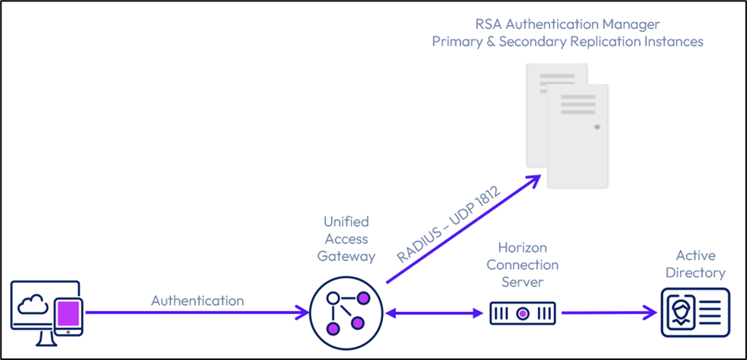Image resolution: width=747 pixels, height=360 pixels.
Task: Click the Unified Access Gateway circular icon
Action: pos(342,312)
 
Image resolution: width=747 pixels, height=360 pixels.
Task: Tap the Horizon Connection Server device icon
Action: pos(522,312)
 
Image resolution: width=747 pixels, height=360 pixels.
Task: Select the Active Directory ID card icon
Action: pos(694,312)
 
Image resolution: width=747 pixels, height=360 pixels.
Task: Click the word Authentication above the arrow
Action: pos(198,301)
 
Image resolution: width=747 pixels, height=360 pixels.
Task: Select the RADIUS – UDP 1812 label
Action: pos(448,226)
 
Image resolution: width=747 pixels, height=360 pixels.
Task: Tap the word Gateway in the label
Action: pos(346,256)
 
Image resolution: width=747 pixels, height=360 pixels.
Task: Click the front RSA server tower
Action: pos(578,136)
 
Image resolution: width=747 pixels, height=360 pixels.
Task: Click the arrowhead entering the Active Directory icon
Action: pos(650,312)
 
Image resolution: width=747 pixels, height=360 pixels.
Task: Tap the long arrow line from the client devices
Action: pos(191,312)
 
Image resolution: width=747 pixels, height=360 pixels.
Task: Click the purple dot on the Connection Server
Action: pos(522,312)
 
